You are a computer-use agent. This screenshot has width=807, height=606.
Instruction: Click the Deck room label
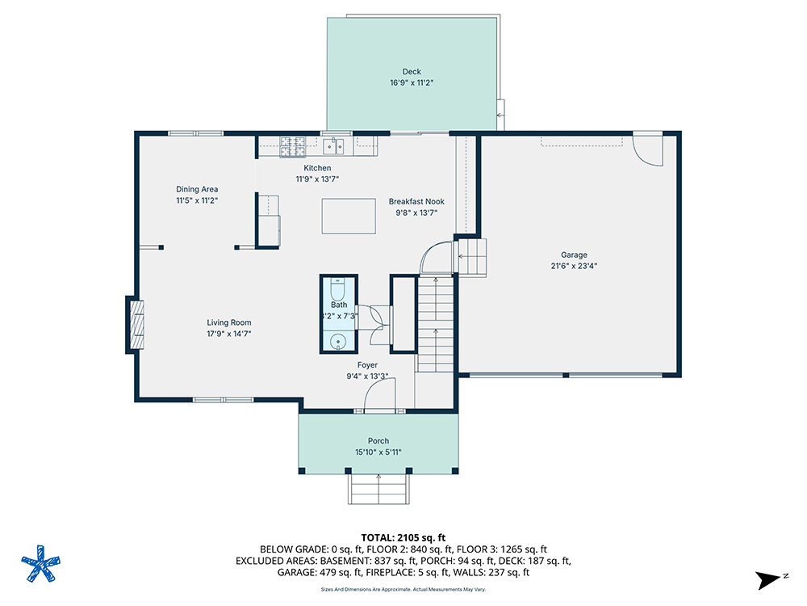tap(412, 72)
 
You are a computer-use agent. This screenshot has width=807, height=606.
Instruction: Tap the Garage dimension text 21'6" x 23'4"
tap(574, 265)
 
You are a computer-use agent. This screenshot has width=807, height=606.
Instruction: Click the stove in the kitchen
tap(291, 146)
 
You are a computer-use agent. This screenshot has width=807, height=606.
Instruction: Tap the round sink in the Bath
tap(337, 342)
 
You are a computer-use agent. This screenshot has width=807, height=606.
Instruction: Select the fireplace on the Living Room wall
tap(135, 324)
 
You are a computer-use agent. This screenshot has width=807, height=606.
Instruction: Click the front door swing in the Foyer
tap(378, 395)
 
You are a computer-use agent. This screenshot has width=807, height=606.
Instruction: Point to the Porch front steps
tap(378, 489)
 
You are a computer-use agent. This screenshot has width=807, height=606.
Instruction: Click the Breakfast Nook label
tap(416, 201)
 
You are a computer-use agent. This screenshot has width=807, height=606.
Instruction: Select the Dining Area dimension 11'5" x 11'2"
tap(197, 200)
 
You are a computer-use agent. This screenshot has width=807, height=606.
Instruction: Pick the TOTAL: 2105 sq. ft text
tap(403, 537)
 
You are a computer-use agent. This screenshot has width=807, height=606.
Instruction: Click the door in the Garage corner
tap(647, 149)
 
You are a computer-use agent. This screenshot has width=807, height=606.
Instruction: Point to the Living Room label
tap(229, 322)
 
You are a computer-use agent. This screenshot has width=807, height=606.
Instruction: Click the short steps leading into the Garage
tap(473, 256)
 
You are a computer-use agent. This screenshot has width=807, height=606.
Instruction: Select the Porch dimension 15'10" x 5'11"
tap(378, 452)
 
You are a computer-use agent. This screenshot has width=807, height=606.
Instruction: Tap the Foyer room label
tap(367, 364)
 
